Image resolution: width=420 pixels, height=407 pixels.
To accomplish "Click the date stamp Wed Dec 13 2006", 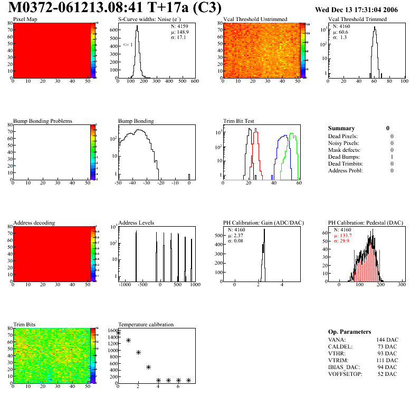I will [x=356, y=9].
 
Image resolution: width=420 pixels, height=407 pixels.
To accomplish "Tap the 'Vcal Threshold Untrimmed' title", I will [x=255, y=20].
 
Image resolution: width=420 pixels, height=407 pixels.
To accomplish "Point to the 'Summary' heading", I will [x=341, y=128].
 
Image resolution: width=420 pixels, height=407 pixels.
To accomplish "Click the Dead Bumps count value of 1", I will [x=392, y=157].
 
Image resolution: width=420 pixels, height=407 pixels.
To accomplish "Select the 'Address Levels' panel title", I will [x=136, y=223].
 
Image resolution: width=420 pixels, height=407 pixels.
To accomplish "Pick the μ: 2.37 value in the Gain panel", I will [x=235, y=235].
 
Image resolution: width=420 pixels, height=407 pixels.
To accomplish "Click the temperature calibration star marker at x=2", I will [x=138, y=353].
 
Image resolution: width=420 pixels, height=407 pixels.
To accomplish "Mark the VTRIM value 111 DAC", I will [x=387, y=360].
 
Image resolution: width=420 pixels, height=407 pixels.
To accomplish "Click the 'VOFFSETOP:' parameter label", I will [x=343, y=374].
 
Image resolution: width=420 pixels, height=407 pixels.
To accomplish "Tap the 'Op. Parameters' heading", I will [x=349, y=332].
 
